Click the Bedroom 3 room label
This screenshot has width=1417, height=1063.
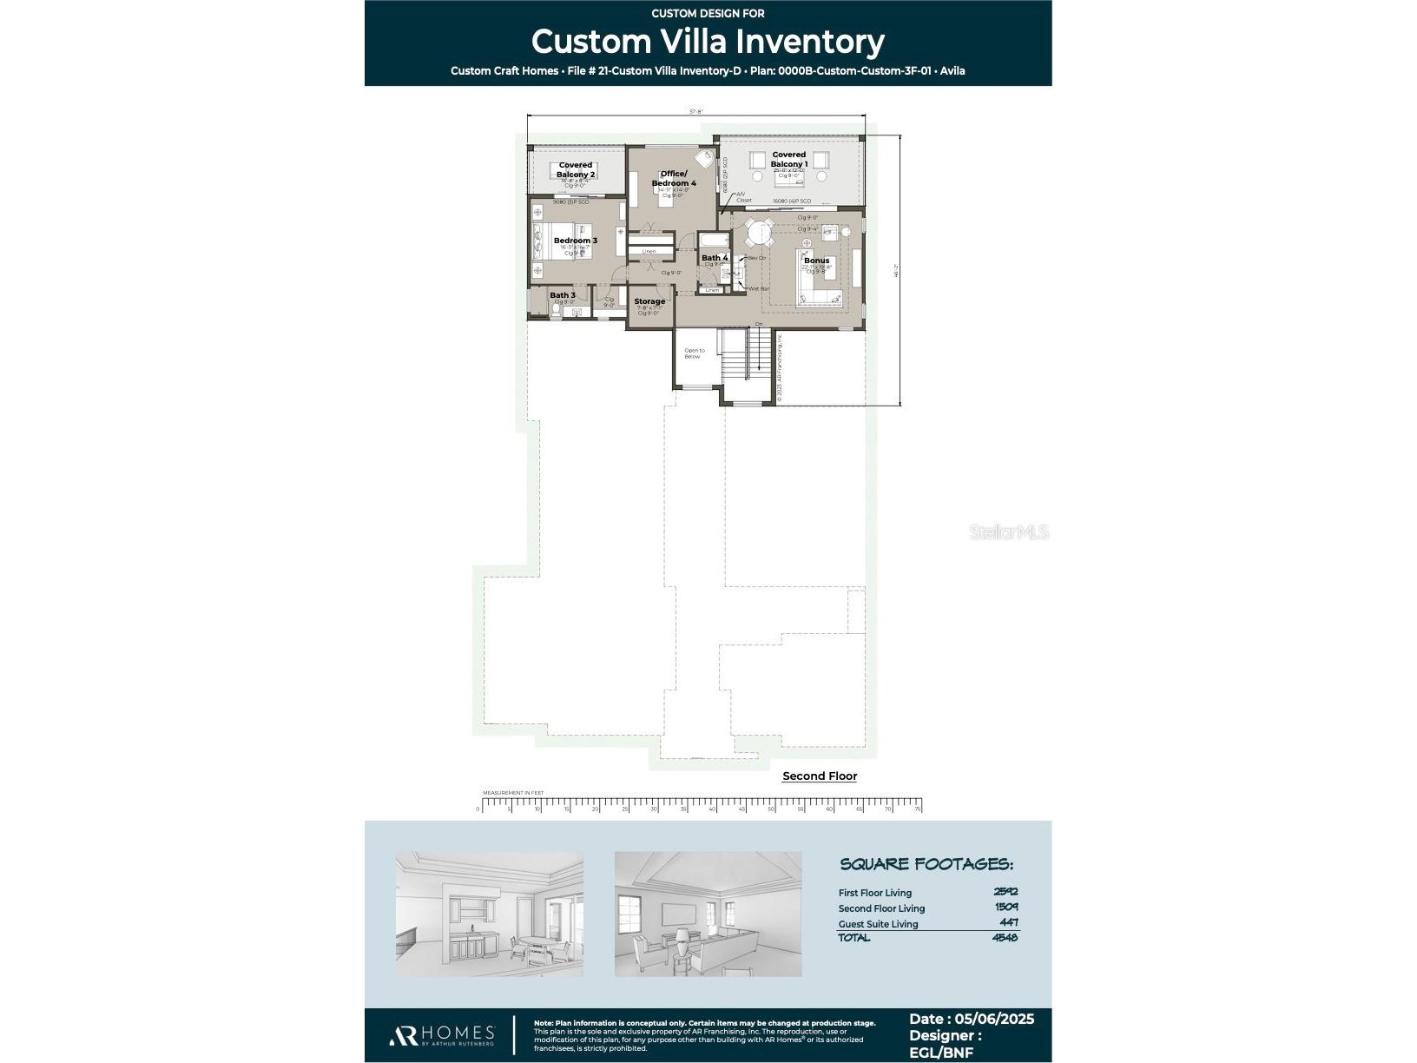pyautogui.click(x=575, y=241)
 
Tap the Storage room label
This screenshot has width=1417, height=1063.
pyautogui.click(x=649, y=301)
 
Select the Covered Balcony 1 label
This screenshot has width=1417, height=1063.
pyautogui.click(x=788, y=160)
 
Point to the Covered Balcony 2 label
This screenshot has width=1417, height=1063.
pyautogui.click(x=576, y=169)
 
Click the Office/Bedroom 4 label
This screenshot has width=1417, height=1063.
pyautogui.click(x=674, y=178)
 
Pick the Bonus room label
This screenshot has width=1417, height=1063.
pyautogui.click(x=816, y=261)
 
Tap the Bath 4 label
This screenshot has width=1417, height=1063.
pyautogui.click(x=714, y=258)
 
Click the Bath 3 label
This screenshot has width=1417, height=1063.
pyautogui.click(x=562, y=295)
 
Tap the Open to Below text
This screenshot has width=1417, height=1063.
pyautogui.click(x=694, y=353)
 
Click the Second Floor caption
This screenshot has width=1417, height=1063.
pyautogui.click(x=819, y=776)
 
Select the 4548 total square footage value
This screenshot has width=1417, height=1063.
pyautogui.click(x=1005, y=937)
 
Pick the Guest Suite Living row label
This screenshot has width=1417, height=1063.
pyautogui.click(x=878, y=924)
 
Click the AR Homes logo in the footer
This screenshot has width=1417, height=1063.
pyautogui.click(x=442, y=1034)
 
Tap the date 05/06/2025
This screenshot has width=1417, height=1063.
pyautogui.click(x=993, y=1020)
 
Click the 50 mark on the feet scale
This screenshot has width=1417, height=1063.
pyautogui.click(x=771, y=809)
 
